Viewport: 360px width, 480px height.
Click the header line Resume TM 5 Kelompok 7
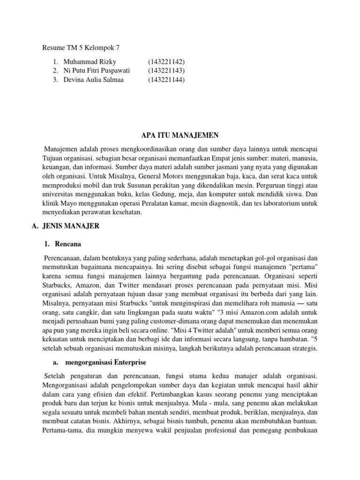tap(81, 47)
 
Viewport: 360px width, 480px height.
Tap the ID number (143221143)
tap(166, 71)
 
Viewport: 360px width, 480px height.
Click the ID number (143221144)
tap(166, 80)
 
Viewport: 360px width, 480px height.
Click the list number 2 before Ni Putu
tap(55, 71)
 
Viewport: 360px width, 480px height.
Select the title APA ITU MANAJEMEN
tap(180, 135)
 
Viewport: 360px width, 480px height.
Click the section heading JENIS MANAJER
tap(70, 226)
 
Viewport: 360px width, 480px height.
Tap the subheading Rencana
tap(68, 244)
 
